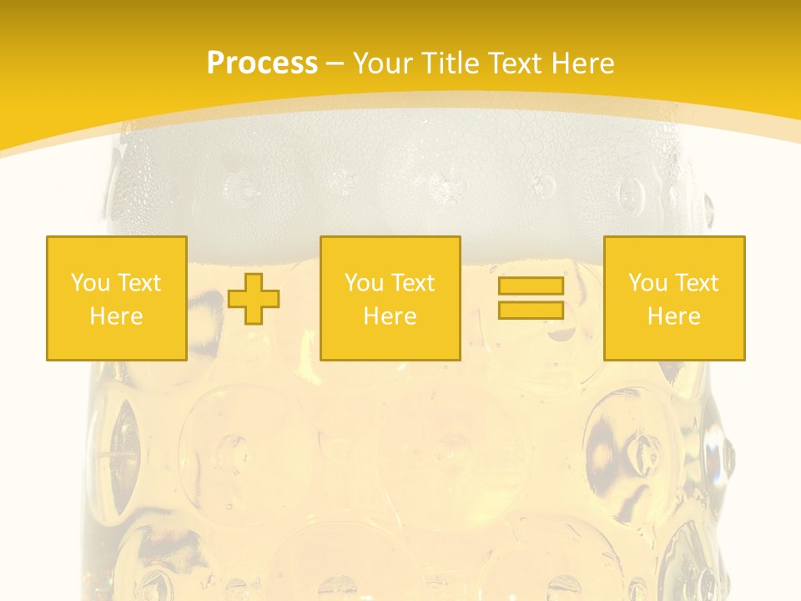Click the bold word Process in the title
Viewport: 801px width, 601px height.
[x=262, y=63]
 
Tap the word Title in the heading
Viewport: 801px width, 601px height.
[x=451, y=63]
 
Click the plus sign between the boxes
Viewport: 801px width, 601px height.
[x=254, y=299]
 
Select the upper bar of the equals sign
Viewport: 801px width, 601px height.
[x=531, y=286]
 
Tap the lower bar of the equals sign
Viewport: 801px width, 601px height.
[x=531, y=310]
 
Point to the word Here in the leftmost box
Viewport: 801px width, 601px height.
[x=116, y=316]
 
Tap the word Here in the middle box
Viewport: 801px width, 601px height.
[x=390, y=316]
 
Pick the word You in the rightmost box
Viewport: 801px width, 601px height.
[x=647, y=283]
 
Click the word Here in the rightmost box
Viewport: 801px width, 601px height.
[x=673, y=316]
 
